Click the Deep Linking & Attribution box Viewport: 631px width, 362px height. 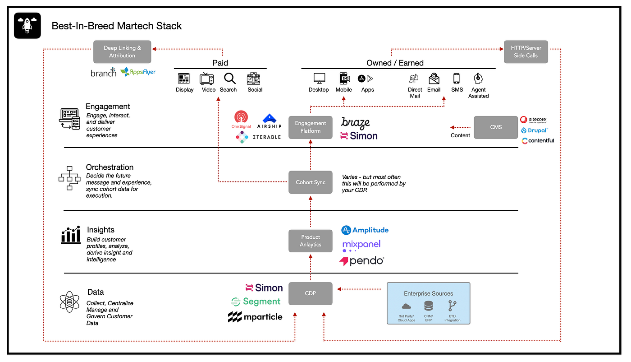tap(122, 52)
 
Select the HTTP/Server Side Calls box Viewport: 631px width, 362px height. tap(526, 52)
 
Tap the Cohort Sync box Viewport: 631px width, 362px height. tap(311, 182)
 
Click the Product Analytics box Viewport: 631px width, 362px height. tap(311, 241)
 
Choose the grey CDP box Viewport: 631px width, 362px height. tap(311, 293)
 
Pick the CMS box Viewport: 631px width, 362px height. tap(496, 127)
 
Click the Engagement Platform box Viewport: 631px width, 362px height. tap(311, 127)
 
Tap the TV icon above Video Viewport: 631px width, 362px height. tap(207, 79)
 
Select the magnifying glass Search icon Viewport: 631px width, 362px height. tap(230, 79)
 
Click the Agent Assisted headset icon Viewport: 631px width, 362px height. tap(478, 79)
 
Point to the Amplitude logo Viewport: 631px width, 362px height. tap(365, 230)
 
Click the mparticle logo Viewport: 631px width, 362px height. tap(255, 317)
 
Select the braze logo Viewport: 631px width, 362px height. tap(356, 122)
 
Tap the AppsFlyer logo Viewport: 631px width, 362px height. tap(138, 72)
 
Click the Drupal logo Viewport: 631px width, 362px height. tap(535, 130)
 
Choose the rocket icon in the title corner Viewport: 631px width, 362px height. tap(27, 25)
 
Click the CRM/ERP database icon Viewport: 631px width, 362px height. tap(428, 306)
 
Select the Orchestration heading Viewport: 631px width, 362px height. tap(110, 167)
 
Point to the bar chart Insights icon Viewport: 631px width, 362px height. tap(71, 235)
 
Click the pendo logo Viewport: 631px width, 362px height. tap(362, 261)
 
